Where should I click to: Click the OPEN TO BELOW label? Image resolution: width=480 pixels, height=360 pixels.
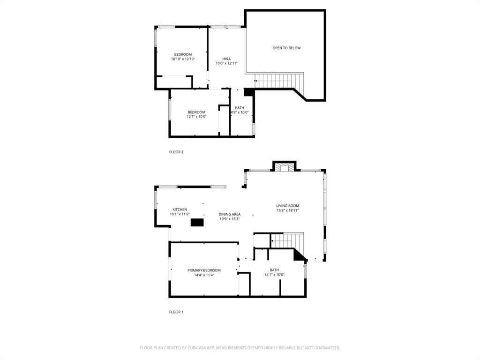(x=286, y=48)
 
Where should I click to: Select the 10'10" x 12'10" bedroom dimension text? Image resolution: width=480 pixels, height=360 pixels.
(x=183, y=59)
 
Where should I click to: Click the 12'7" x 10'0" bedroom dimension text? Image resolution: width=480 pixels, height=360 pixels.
(x=196, y=117)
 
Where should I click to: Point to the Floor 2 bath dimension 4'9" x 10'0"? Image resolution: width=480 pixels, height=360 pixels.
(x=240, y=112)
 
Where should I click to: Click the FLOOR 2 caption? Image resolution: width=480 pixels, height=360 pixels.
(x=176, y=152)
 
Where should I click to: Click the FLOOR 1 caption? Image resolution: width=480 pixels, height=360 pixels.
(x=176, y=312)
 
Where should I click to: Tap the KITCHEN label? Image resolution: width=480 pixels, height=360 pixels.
(x=180, y=210)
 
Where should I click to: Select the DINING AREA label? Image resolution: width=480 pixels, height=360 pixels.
(x=230, y=214)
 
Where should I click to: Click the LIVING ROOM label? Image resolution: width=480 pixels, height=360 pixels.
(x=287, y=206)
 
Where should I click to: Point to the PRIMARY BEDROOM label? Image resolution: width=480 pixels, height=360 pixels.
(x=204, y=270)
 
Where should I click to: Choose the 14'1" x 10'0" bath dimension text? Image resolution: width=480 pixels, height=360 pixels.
(x=274, y=275)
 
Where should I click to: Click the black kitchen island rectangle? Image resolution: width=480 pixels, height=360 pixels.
(x=197, y=223)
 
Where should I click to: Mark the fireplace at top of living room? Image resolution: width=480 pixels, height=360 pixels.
(x=285, y=167)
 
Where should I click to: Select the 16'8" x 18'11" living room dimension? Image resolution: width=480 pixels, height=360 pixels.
(x=287, y=210)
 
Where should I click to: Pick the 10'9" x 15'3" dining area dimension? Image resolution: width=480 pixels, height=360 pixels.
(x=230, y=219)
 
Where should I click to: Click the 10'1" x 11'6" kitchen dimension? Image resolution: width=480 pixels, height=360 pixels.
(x=180, y=214)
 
